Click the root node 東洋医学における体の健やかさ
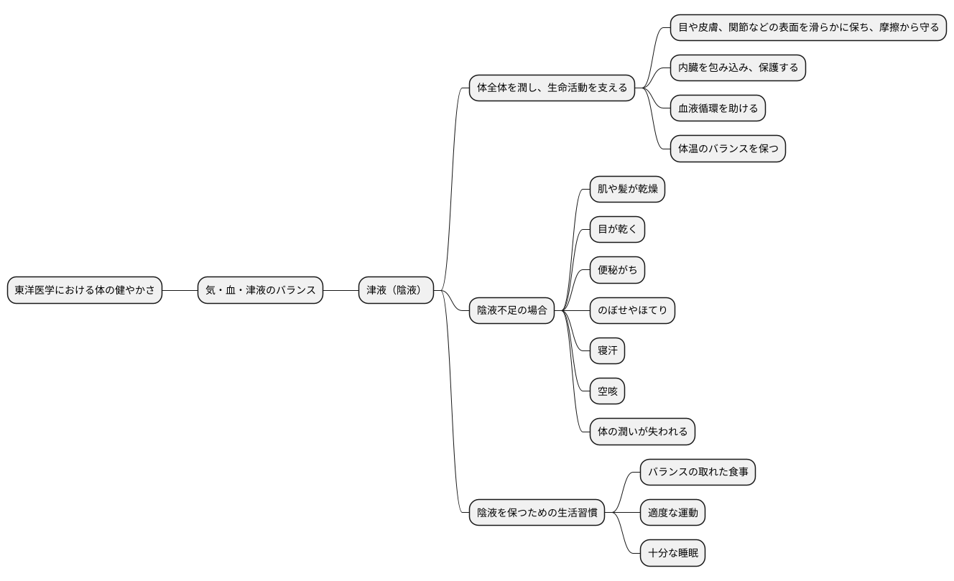coord(85,290)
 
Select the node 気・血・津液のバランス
coord(260,290)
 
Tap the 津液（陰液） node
coord(396,290)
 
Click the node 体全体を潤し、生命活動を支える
coord(552,88)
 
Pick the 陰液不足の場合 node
coord(511,310)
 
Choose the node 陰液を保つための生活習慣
coord(537,513)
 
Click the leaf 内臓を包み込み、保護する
coord(738,68)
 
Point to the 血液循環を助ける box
coord(718,108)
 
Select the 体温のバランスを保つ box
coord(728,149)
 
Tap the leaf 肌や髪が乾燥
coord(627,190)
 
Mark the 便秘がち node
coord(617,270)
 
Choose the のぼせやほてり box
coord(632,310)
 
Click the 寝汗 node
coord(607,351)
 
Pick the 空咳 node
coord(607,391)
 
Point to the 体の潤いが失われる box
coord(642,432)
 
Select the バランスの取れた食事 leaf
coord(698,472)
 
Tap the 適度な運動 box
coord(672,513)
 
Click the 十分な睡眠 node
coord(672,553)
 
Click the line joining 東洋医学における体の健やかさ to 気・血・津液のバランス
coord(180,290)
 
